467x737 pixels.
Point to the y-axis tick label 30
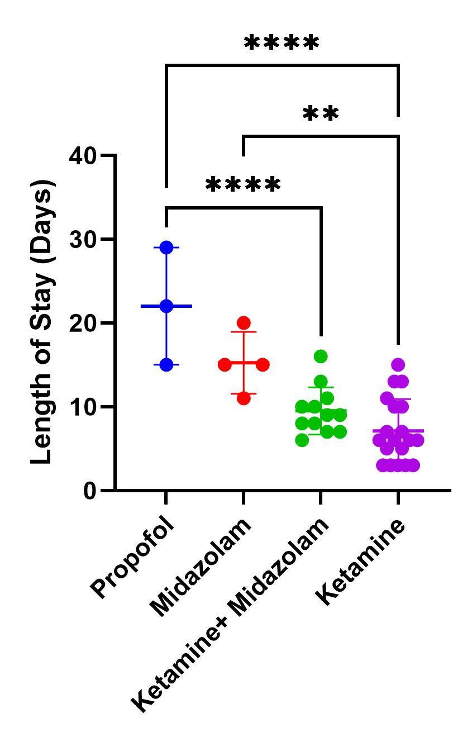83,239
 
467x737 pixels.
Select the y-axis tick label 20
83,323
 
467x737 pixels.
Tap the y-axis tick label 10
83,407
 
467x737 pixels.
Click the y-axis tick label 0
90,491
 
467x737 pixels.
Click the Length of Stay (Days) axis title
42,322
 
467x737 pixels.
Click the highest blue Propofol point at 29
166,248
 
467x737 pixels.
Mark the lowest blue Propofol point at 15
166,365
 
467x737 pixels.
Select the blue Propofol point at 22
166,306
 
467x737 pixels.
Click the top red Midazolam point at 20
244,323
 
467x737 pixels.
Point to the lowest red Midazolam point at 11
244,398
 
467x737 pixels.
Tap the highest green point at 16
321,356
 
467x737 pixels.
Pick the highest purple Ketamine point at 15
398,365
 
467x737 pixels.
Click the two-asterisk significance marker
321,114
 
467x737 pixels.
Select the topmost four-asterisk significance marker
282,44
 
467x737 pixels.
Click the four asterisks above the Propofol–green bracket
243,185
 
